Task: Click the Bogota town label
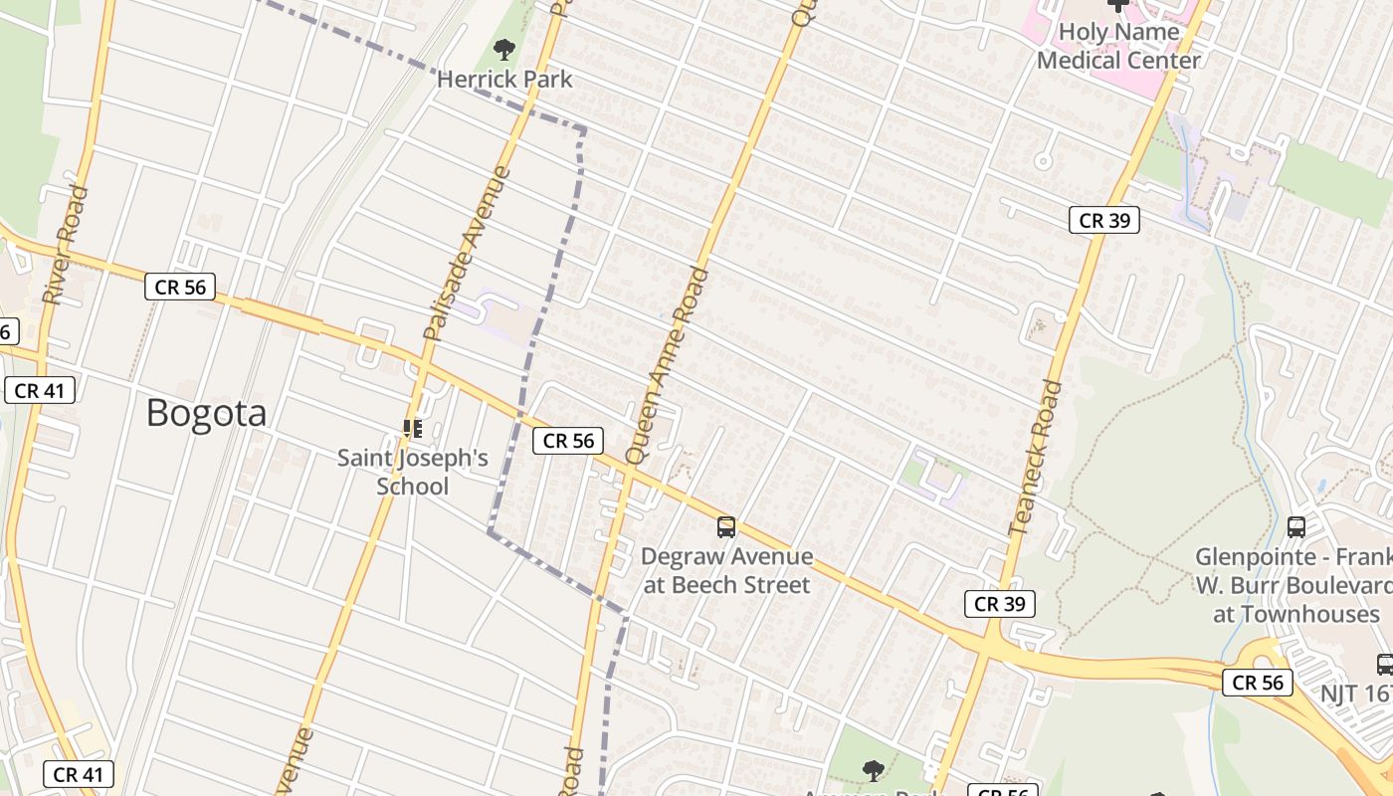(x=206, y=413)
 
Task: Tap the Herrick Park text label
(x=504, y=79)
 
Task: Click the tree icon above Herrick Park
(x=504, y=49)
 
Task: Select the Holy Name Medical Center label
(x=1118, y=46)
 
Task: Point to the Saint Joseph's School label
(x=412, y=472)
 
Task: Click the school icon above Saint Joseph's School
(x=412, y=429)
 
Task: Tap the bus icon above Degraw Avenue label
(x=726, y=527)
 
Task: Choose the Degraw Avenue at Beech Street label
(x=726, y=570)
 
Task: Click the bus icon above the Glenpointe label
(x=1295, y=527)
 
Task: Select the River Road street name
(x=66, y=245)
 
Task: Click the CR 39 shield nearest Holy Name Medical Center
(x=1103, y=221)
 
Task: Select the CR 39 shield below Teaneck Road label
(x=1000, y=604)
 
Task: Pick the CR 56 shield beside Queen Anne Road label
(x=568, y=441)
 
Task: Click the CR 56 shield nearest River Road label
(x=180, y=288)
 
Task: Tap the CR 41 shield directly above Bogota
(x=40, y=390)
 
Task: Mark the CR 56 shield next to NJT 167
(x=1258, y=683)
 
